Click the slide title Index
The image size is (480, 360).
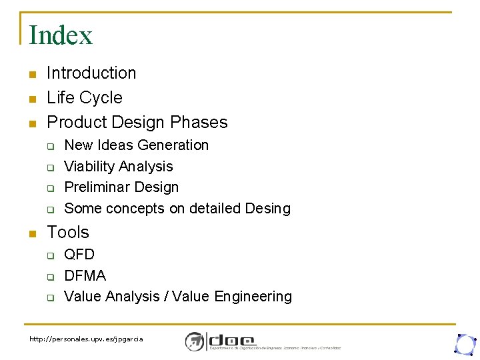61,35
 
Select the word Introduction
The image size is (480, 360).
91,73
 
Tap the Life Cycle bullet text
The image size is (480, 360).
85,97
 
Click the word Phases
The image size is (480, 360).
199,122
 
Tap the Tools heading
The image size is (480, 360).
68,232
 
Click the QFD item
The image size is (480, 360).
79,255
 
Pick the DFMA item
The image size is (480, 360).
85,275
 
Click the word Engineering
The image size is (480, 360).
253,297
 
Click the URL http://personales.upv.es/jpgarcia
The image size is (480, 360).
86,339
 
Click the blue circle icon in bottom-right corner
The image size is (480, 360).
464,343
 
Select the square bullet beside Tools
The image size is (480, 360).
31,233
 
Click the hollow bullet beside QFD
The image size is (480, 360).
49,255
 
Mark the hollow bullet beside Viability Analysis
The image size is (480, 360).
49,167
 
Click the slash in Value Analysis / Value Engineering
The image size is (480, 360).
165,297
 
